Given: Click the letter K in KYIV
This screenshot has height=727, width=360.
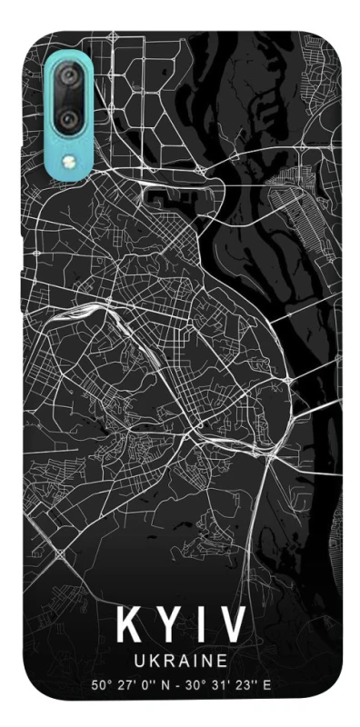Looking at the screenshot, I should click(129, 626).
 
